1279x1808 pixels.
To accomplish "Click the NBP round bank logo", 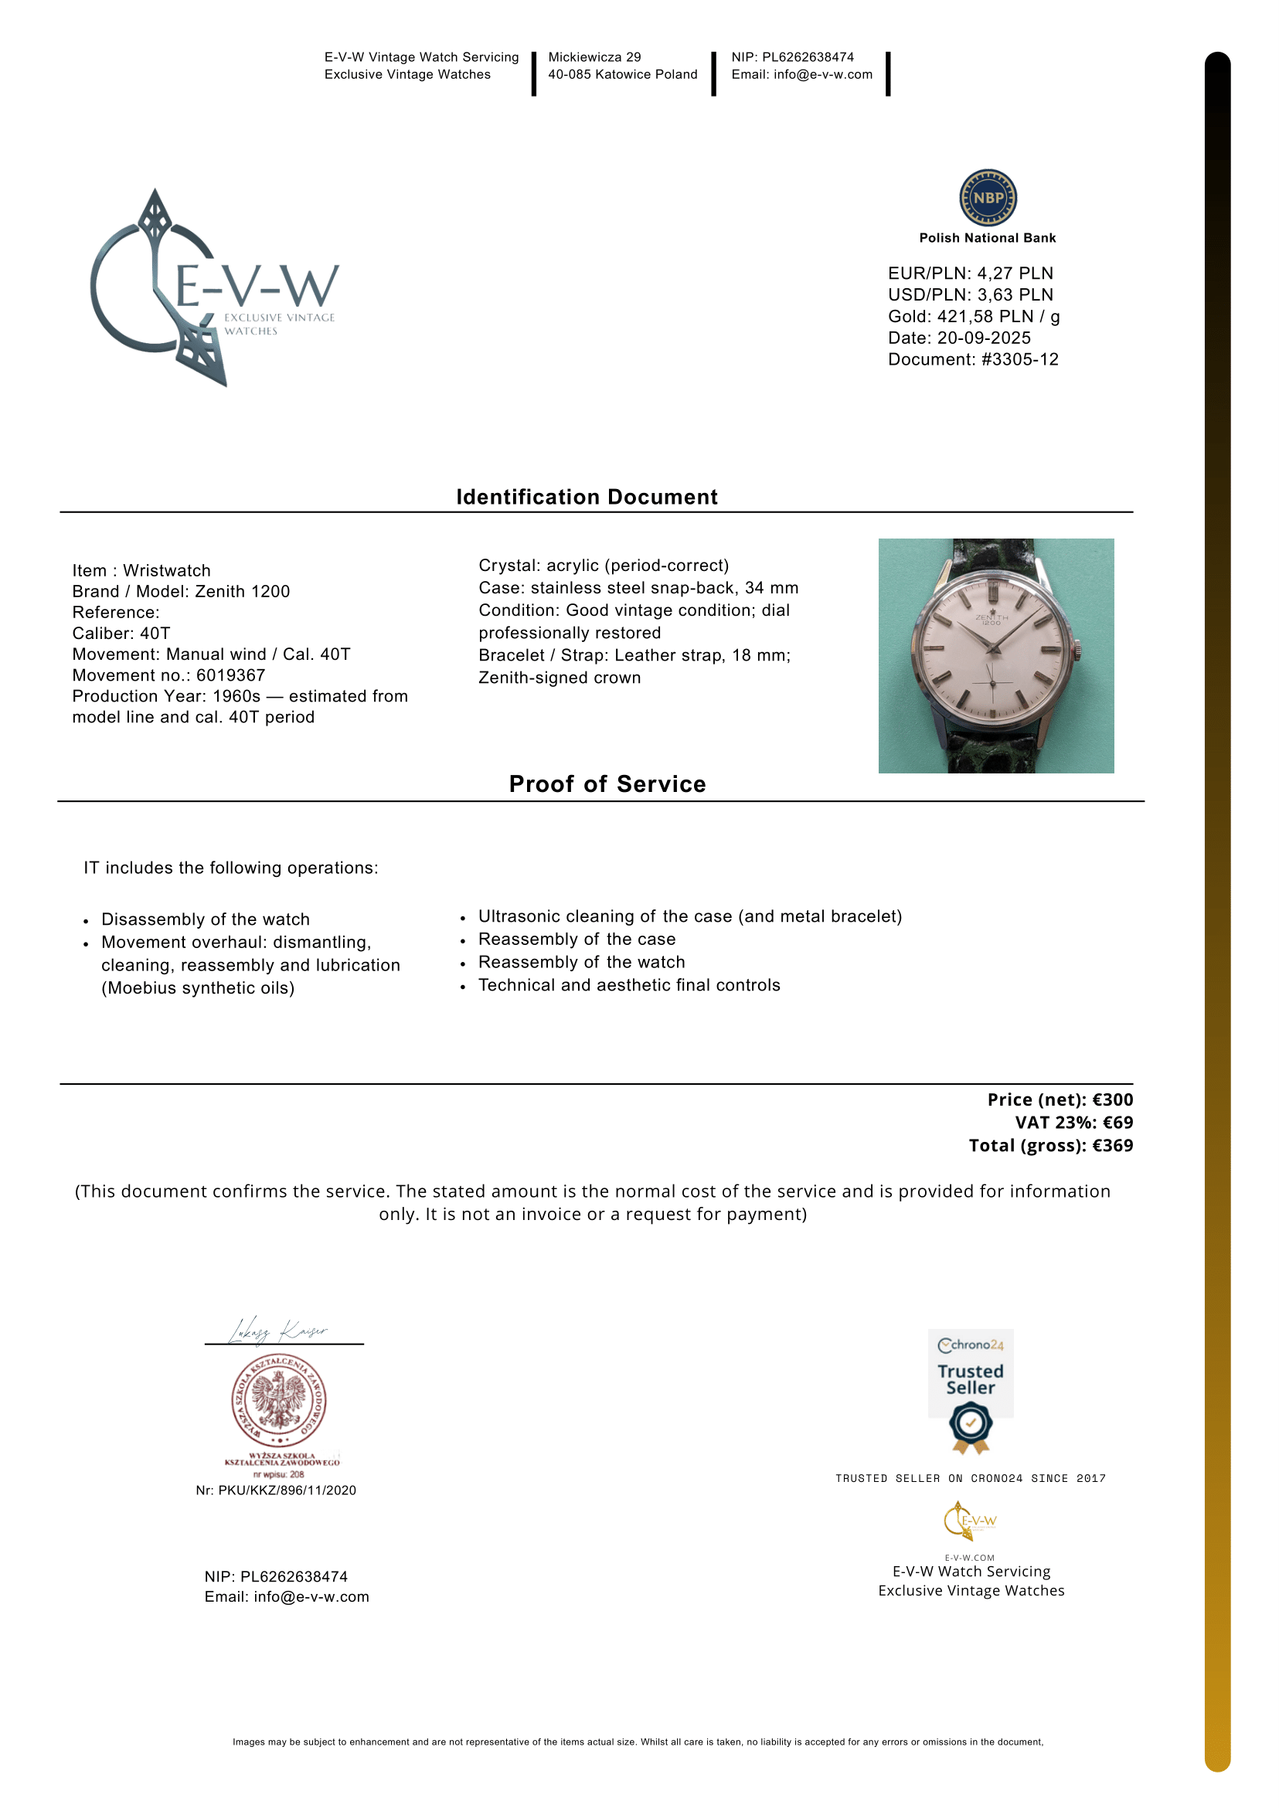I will (x=988, y=198).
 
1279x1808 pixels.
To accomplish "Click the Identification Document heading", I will (x=587, y=497).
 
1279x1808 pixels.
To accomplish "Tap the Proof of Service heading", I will (x=607, y=783).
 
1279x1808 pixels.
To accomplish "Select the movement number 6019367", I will (x=231, y=675).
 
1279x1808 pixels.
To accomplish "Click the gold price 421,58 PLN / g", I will (x=998, y=317).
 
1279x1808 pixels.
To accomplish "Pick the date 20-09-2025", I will (x=984, y=338).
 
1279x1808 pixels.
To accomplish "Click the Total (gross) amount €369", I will (x=1112, y=1145).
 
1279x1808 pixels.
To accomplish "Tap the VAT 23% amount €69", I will (x=1117, y=1122).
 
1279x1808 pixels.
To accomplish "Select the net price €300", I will (x=1112, y=1099).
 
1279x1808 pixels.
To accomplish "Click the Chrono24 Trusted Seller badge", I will (x=971, y=1390).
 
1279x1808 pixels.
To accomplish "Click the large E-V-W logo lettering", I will (x=256, y=286).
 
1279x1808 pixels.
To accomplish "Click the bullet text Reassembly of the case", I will (x=577, y=939).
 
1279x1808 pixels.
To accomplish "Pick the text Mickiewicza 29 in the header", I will (x=594, y=56).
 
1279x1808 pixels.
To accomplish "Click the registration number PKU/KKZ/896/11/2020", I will (x=287, y=1490).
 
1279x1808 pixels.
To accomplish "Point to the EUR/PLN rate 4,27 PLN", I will (x=1015, y=274).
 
